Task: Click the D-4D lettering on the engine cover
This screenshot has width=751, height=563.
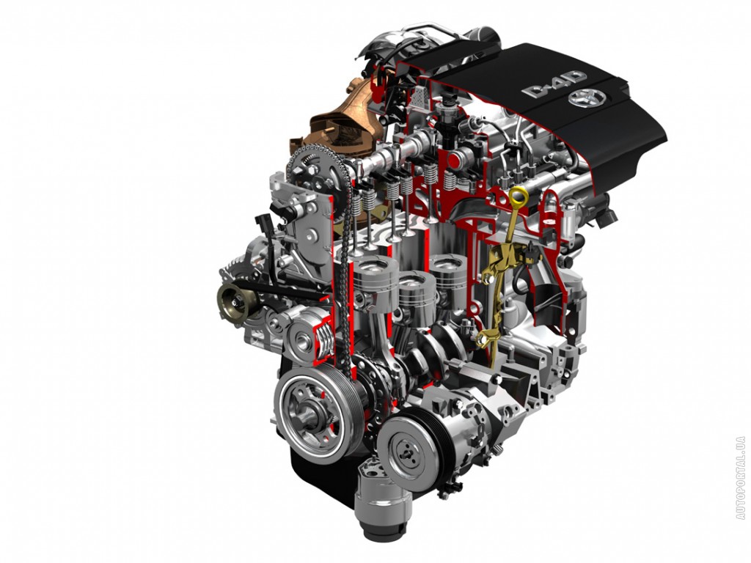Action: [x=554, y=84]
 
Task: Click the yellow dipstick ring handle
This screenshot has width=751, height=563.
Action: [x=519, y=198]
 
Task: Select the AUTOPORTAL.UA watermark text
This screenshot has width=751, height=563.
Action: [x=741, y=478]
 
